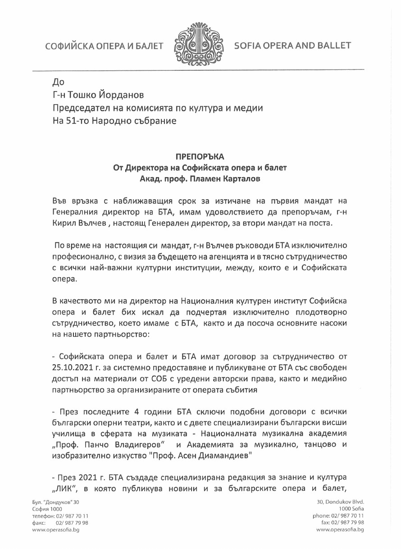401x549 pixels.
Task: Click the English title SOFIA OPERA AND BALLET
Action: pyautogui.click(x=292, y=46)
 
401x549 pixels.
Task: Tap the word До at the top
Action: pyautogui.click(x=59, y=82)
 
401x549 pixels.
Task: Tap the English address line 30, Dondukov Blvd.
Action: pyautogui.click(x=341, y=502)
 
